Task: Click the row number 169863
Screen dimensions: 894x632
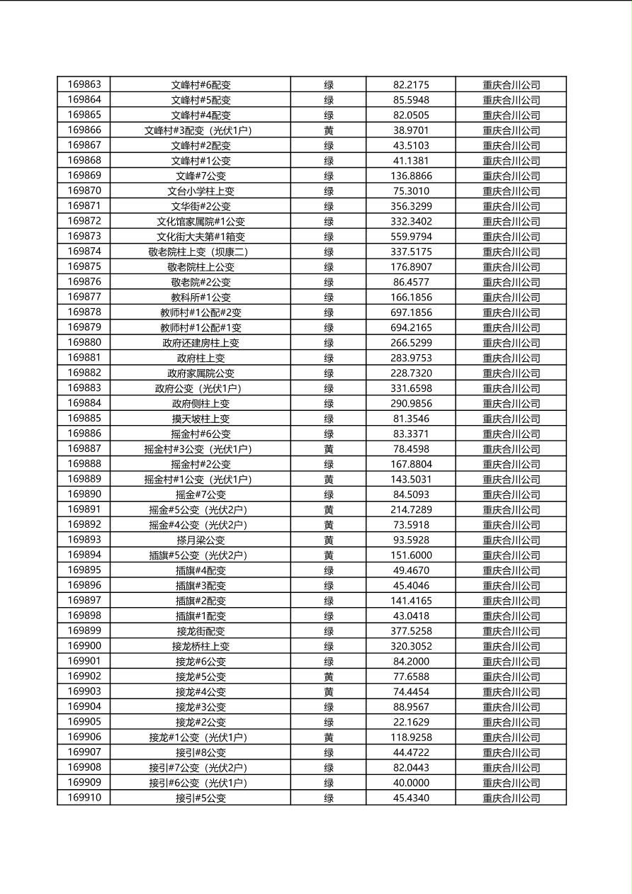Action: click(x=84, y=84)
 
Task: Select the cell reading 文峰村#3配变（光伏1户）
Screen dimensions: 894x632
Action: click(x=201, y=130)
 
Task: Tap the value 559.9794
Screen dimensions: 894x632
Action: click(x=411, y=237)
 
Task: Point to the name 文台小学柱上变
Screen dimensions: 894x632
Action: click(x=201, y=191)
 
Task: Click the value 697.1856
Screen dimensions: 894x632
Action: click(x=411, y=312)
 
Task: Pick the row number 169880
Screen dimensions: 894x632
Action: click(x=84, y=342)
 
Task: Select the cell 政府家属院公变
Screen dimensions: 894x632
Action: click(x=201, y=373)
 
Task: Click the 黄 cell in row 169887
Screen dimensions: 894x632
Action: click(x=329, y=449)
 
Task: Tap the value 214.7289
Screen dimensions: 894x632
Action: click(x=411, y=510)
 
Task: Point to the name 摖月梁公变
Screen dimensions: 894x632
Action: click(x=201, y=541)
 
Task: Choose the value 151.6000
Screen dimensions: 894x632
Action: click(x=411, y=555)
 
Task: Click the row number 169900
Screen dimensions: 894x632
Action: click(x=84, y=645)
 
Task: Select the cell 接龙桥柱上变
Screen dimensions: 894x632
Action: click(x=201, y=646)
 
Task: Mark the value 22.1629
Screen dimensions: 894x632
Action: click(x=411, y=722)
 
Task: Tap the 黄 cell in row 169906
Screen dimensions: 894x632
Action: click(x=329, y=737)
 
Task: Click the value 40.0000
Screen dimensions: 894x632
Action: click(x=411, y=783)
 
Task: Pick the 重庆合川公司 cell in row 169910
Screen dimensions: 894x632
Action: click(x=511, y=798)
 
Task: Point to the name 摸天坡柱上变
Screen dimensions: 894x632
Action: click(x=201, y=419)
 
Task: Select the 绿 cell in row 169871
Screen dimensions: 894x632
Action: click(x=329, y=206)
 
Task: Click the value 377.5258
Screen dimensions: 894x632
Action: click(x=411, y=631)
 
